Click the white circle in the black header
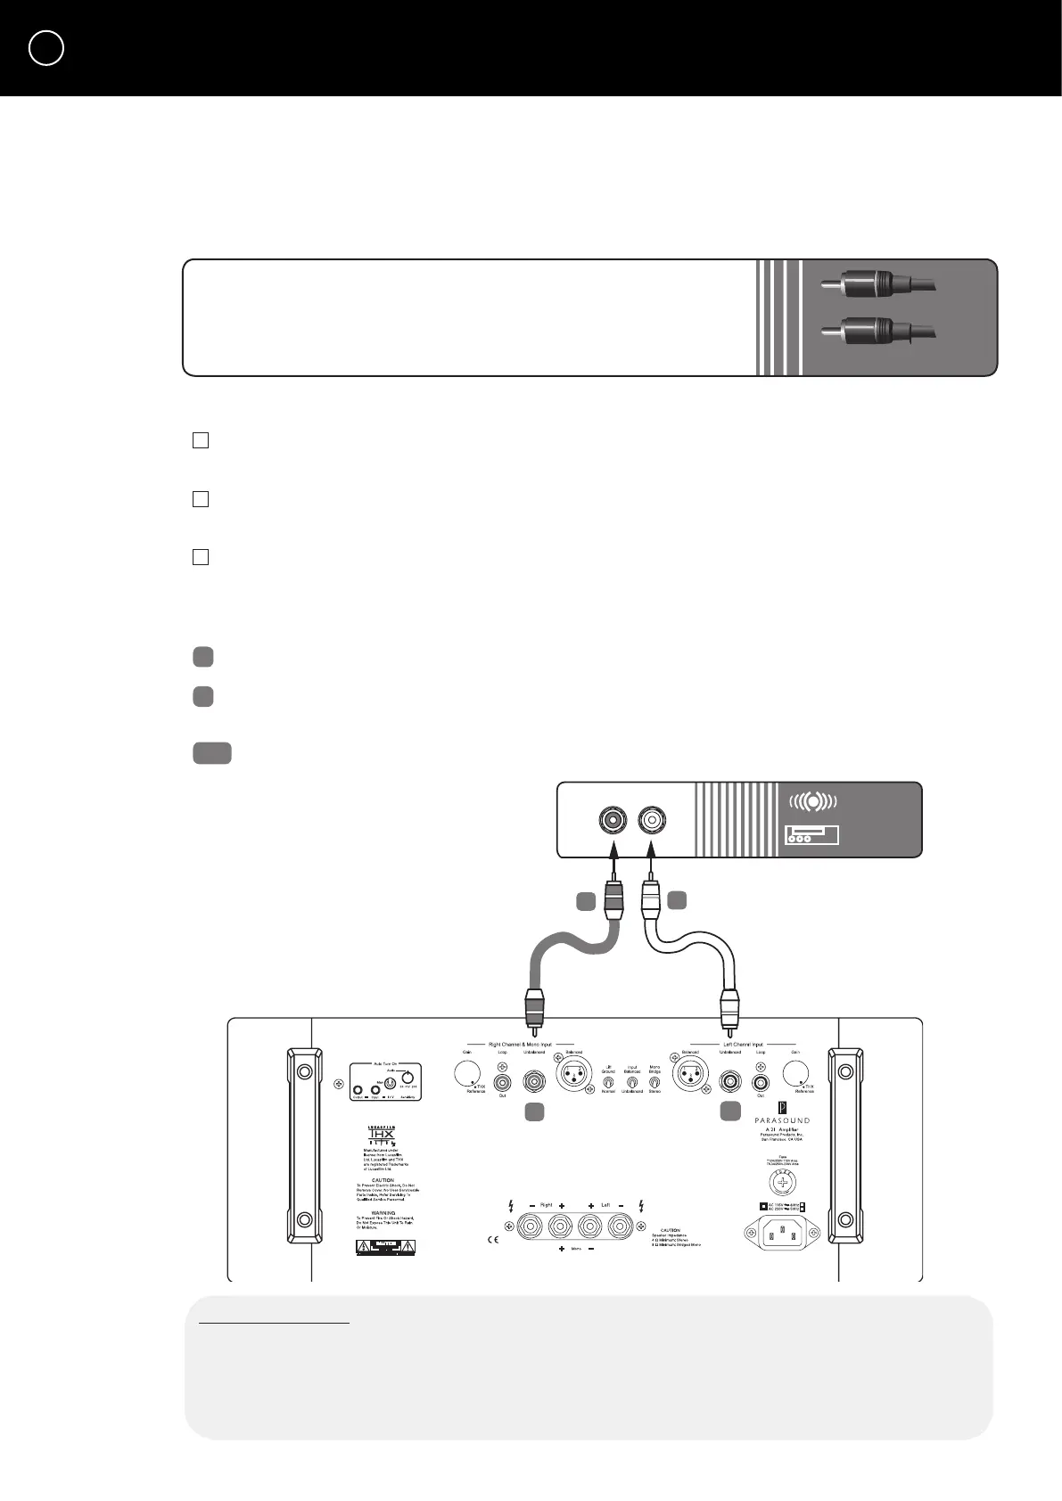tap(46, 48)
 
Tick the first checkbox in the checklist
tap(201, 440)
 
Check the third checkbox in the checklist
tap(201, 557)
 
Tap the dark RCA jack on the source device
tap(612, 819)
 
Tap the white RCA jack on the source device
tap(653, 819)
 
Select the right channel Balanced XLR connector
tap(572, 1077)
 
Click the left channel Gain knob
tap(796, 1074)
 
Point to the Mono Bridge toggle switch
tap(654, 1081)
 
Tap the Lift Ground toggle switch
tap(608, 1081)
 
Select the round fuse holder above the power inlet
tap(782, 1182)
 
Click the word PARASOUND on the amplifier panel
tap(782, 1120)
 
